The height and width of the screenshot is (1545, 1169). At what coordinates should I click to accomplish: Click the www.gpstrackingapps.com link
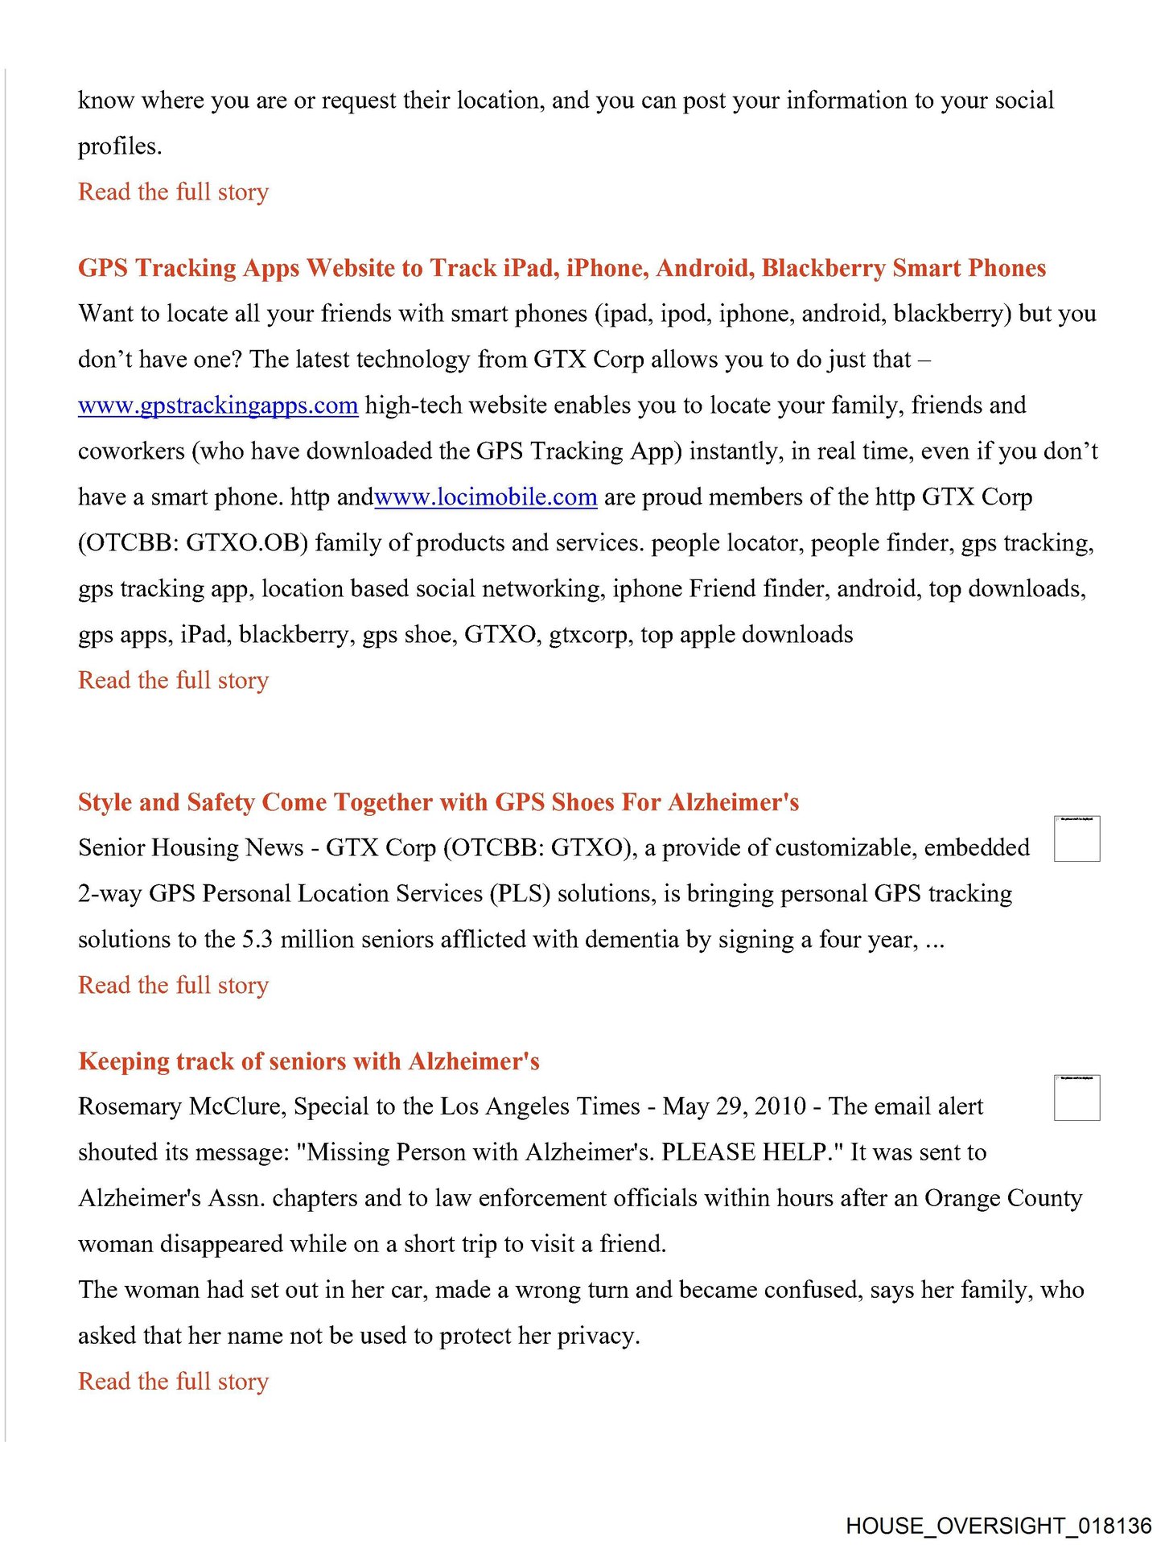click(217, 406)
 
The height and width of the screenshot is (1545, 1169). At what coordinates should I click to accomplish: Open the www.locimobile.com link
click(485, 497)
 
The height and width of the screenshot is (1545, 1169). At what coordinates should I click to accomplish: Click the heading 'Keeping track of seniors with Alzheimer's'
click(308, 1061)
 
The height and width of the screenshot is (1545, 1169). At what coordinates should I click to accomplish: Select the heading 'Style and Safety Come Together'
click(438, 802)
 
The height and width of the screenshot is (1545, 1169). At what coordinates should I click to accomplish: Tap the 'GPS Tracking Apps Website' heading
click(562, 268)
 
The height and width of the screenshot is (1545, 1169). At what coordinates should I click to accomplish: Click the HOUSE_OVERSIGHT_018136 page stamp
click(998, 1526)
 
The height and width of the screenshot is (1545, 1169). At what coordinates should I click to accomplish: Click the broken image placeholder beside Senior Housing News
click(1076, 838)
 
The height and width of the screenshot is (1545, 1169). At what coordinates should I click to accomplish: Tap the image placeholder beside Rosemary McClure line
click(1076, 1098)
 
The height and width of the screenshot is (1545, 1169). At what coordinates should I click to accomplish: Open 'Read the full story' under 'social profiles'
click(173, 192)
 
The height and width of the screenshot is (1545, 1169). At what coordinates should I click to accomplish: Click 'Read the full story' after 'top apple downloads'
click(173, 681)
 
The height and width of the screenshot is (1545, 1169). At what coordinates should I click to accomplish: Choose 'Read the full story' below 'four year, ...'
click(173, 986)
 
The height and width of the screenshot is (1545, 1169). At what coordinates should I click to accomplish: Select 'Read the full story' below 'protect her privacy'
click(173, 1382)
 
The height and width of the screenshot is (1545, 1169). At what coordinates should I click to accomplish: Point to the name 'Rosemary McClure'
click(181, 1107)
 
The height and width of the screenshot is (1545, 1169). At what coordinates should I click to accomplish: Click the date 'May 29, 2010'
click(734, 1107)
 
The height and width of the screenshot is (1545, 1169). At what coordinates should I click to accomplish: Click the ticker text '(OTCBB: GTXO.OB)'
click(193, 543)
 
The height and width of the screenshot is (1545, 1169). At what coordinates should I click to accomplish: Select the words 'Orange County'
click(1002, 1199)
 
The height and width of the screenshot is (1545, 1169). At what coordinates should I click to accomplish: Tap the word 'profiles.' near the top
click(120, 146)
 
